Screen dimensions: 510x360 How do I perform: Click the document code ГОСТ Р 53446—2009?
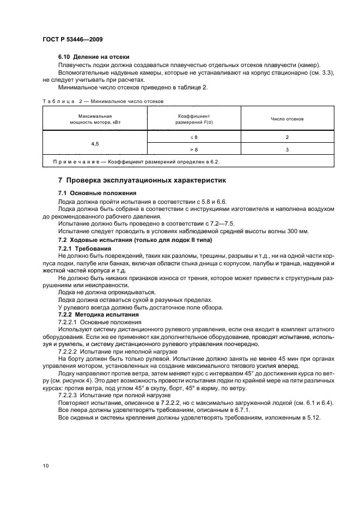pyautogui.click(x=72, y=40)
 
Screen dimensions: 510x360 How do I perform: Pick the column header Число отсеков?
pyautogui.click(x=286, y=118)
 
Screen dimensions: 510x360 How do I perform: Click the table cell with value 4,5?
pyautogui.click(x=95, y=143)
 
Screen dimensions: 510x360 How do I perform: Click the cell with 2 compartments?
pyautogui.click(x=286, y=137)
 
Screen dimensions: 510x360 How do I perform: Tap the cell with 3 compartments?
pyautogui.click(x=286, y=149)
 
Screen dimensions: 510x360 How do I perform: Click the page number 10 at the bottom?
pyautogui.click(x=46, y=466)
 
